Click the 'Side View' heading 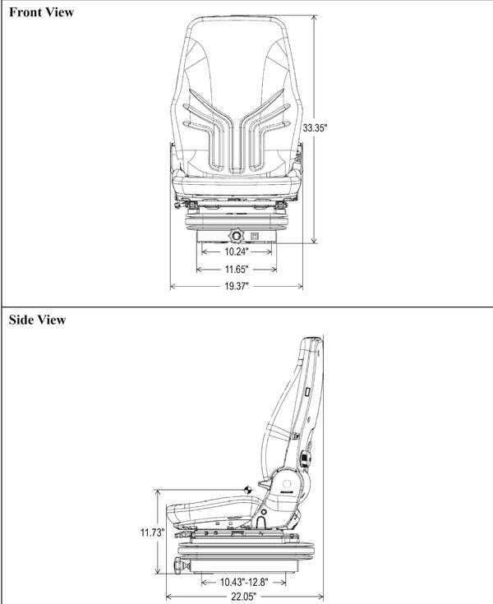37,319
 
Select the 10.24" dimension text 237,253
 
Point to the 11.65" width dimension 237,269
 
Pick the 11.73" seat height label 152,533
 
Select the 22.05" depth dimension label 244,597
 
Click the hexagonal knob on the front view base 237,237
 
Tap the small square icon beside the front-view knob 255,237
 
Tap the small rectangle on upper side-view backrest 306,394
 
